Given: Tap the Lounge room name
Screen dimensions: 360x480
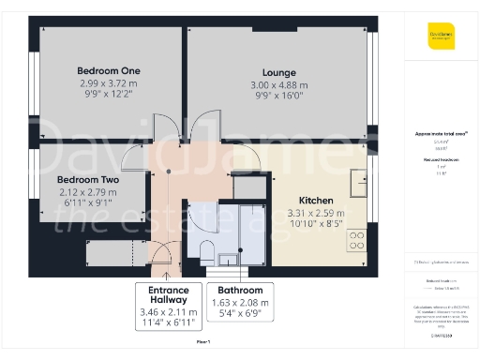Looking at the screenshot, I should pyautogui.click(x=278, y=73).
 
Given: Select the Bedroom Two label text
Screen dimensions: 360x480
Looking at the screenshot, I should pyautogui.click(x=87, y=179).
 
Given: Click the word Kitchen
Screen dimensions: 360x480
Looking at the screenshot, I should pyautogui.click(x=316, y=201).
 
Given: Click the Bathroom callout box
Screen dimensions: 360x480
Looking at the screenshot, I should pyautogui.click(x=242, y=302).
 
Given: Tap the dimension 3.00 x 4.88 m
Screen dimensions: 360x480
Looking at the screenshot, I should pyautogui.click(x=278, y=86).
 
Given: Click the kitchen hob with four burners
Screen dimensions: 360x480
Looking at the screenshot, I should pyautogui.click(x=356, y=241).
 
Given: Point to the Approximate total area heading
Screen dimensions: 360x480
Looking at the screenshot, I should pyautogui.click(x=439, y=134).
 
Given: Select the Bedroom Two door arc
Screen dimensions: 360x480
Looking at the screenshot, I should pyautogui.click(x=159, y=159).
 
